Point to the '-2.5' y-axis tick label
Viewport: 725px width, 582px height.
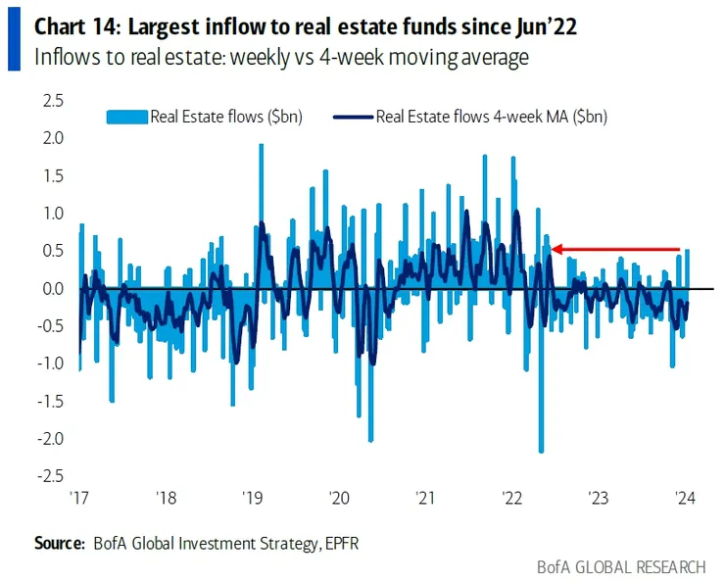click(x=47, y=476)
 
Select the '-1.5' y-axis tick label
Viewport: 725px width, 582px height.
click(x=47, y=402)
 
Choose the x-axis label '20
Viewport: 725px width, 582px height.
click(x=338, y=498)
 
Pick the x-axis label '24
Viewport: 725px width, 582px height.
click(x=684, y=498)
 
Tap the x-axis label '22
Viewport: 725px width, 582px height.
click(x=511, y=498)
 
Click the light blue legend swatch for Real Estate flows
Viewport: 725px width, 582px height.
click(x=126, y=118)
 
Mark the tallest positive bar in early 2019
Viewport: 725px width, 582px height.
click(x=261, y=146)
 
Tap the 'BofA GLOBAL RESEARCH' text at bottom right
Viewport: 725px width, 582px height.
click(x=620, y=566)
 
